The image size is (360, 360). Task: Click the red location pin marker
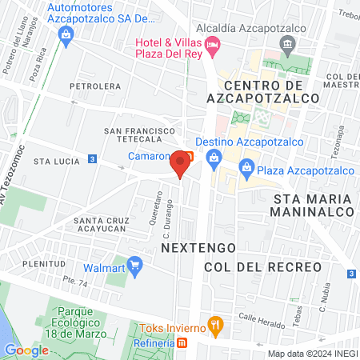tap(181, 164)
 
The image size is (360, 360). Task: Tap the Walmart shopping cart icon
tap(134, 263)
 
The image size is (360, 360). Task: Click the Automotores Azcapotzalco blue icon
tap(66, 34)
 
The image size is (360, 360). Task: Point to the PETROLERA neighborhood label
tap(94, 86)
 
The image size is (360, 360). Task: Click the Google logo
tap(26, 350)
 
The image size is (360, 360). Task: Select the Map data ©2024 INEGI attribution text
tap(311, 354)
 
